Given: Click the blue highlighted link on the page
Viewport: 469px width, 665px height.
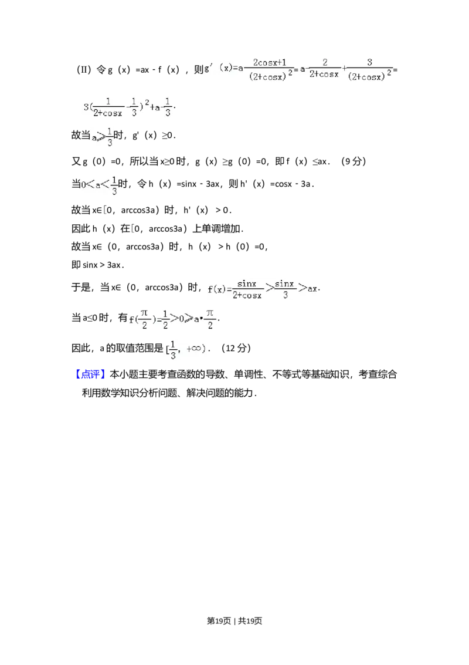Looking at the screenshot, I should tap(91, 374).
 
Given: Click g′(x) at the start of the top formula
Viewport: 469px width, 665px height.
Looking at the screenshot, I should tap(217, 68).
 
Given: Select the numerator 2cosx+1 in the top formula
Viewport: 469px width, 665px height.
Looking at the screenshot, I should tap(269, 62).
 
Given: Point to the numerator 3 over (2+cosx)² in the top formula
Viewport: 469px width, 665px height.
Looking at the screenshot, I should tap(369, 62).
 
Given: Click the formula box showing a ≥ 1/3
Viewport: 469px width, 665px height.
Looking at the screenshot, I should tap(103, 137).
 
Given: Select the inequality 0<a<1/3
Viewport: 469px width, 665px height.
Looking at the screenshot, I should tap(100, 185).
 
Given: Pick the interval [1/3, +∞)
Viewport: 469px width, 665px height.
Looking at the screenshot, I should tap(185, 349).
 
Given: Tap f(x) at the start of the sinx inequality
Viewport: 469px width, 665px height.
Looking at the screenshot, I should tap(216, 289).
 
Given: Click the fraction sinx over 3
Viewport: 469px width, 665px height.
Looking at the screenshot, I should tap(286, 289).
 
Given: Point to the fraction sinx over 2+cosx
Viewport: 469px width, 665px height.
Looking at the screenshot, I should tap(247, 289).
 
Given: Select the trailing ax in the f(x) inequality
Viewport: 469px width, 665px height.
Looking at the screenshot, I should tap(313, 289).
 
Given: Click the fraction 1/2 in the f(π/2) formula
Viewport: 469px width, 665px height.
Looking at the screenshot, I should tap(166, 319).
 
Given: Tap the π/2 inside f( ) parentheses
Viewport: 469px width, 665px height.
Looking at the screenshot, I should tap(144, 319).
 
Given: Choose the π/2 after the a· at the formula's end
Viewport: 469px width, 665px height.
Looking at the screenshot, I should tap(210, 319).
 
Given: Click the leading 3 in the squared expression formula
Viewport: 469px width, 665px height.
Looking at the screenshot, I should tap(86, 107).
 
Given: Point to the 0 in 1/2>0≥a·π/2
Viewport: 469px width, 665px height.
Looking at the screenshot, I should tap(182, 319).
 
